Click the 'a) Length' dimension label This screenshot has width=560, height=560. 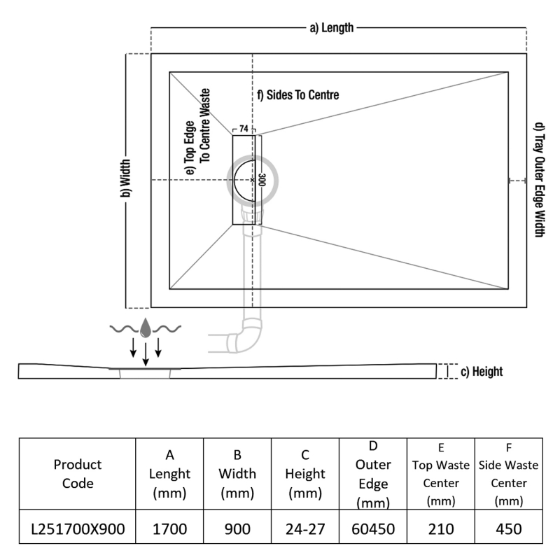click(x=332, y=28)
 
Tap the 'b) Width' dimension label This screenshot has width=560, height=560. click(x=126, y=180)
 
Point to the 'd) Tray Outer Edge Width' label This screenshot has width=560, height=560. click(x=538, y=180)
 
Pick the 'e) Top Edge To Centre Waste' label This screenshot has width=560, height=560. click(x=198, y=126)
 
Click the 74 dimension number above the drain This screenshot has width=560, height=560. click(x=244, y=129)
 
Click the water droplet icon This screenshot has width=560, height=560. click(x=145, y=328)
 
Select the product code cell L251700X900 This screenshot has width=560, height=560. click(x=77, y=529)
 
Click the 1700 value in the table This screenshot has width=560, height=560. click(x=169, y=529)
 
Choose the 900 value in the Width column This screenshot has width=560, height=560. click(x=237, y=529)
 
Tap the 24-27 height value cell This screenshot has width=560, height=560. click(x=304, y=529)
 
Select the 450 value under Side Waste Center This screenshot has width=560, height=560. click(x=508, y=529)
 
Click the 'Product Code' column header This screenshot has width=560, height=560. click(x=77, y=474)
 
